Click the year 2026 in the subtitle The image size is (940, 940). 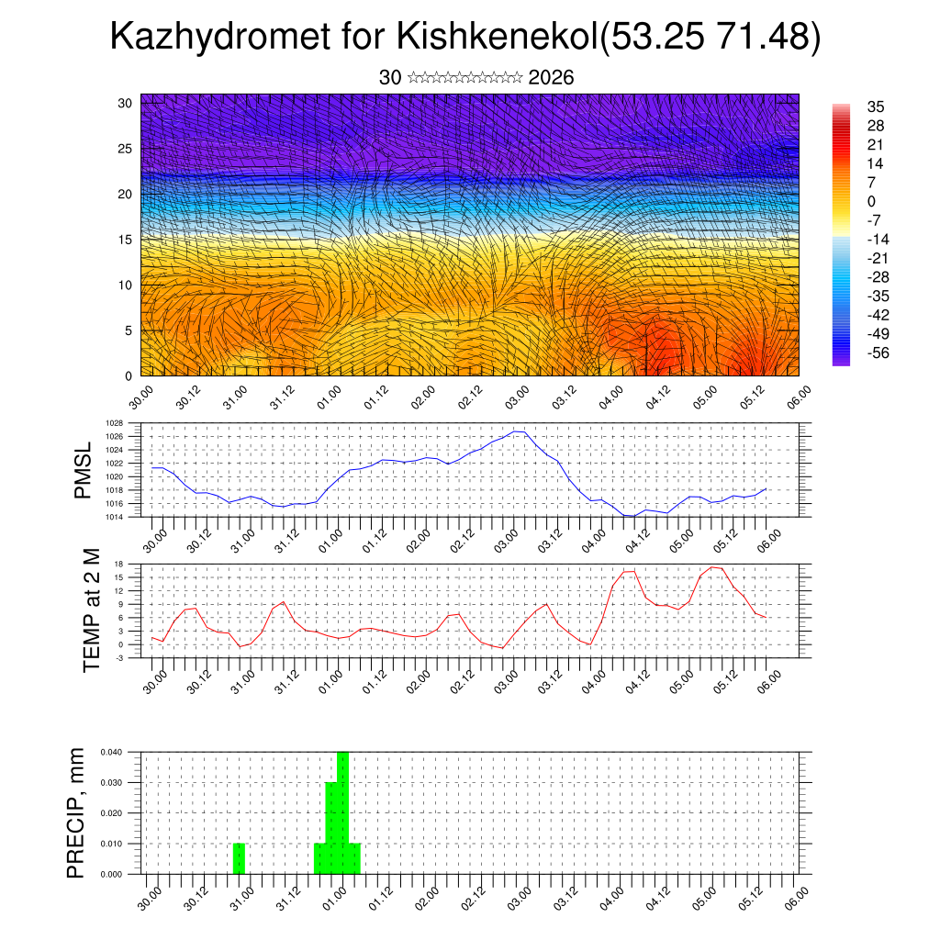(551, 78)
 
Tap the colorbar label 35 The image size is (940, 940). (876, 106)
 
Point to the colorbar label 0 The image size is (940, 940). (871, 201)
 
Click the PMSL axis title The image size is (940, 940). (84, 470)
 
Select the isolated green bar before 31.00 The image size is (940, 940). (239, 858)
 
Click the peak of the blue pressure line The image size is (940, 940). (518, 431)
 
